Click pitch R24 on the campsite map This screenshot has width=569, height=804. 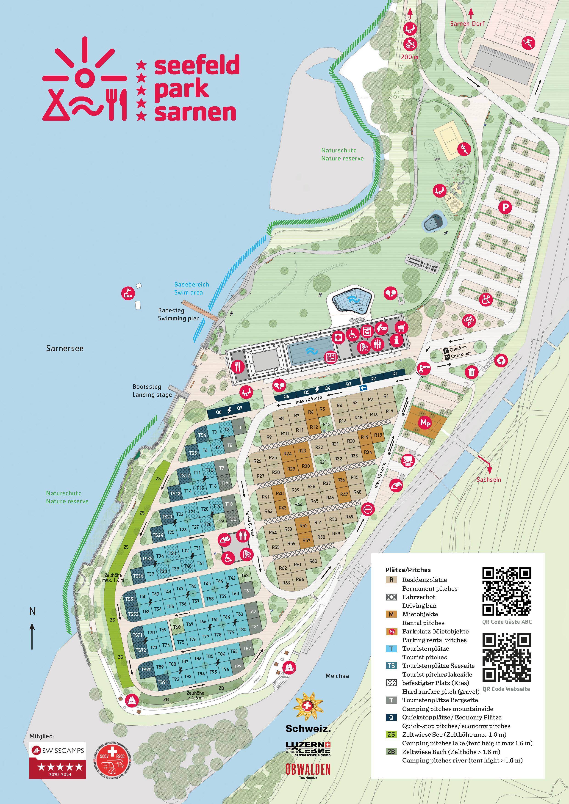288,454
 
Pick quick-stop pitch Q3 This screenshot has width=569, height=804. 348,384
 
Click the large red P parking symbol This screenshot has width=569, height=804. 505,207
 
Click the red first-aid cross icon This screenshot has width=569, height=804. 338,338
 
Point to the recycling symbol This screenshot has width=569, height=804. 501,360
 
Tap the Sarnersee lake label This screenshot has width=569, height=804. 65,348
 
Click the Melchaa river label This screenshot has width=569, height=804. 337,676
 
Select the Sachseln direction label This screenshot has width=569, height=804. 489,479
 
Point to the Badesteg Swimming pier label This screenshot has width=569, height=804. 178,314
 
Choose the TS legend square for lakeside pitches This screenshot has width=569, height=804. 391,665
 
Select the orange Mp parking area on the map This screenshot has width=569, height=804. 425,423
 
